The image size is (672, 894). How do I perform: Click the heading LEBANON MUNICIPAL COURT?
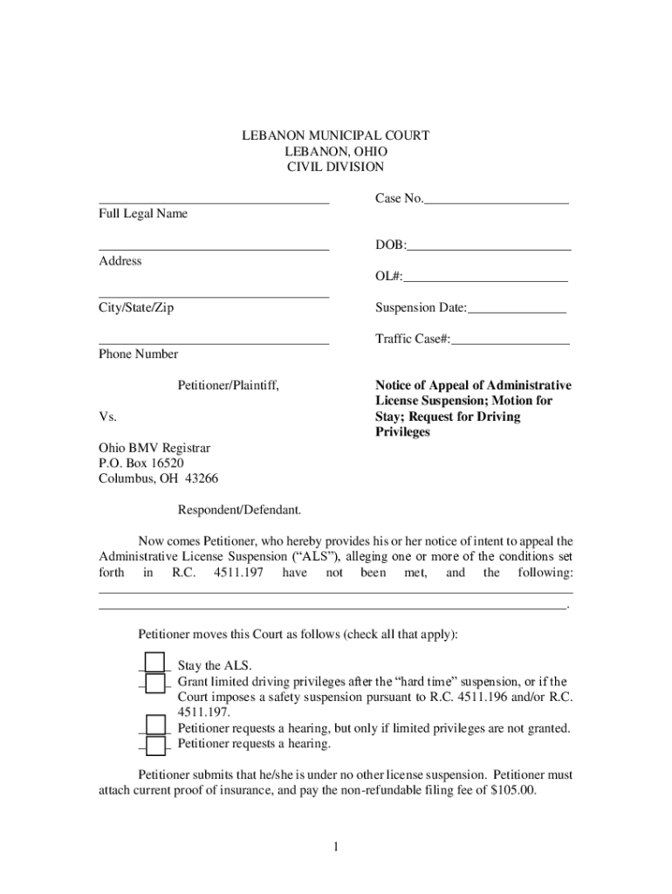(x=335, y=135)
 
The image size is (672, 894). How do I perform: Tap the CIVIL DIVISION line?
(x=335, y=167)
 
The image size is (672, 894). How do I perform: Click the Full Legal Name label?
(x=142, y=214)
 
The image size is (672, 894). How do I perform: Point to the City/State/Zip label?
(x=135, y=308)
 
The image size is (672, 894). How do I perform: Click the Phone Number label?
(x=138, y=354)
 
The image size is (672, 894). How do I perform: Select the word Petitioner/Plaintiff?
(x=229, y=385)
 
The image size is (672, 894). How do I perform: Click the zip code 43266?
(x=202, y=479)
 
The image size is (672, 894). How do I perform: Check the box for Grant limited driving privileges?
(x=154, y=683)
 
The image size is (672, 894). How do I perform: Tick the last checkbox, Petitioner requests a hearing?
(x=154, y=745)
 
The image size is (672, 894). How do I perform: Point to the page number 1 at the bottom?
(x=335, y=847)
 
